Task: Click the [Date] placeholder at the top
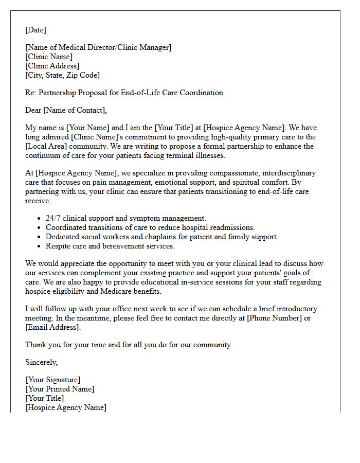pyautogui.click(x=35, y=30)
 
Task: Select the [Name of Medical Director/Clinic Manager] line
pyautogui.click(x=98, y=47)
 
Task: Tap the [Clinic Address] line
pyautogui.click(x=52, y=66)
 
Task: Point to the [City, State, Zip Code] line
pyautogui.click(x=62, y=75)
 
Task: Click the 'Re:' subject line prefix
pyautogui.click(x=31, y=93)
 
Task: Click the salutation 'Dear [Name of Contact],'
pyautogui.click(x=66, y=110)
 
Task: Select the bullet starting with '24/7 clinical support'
pyautogui.click(x=126, y=218)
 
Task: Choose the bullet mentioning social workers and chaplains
pyautogui.click(x=161, y=237)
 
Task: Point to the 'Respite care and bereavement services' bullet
pyautogui.click(x=111, y=246)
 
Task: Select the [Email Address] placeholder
pyautogui.click(x=52, y=327)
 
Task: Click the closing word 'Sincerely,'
pyautogui.click(x=41, y=362)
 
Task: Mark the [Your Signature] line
pyautogui.click(x=52, y=380)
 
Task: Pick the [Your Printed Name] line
pyautogui.click(x=60, y=389)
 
